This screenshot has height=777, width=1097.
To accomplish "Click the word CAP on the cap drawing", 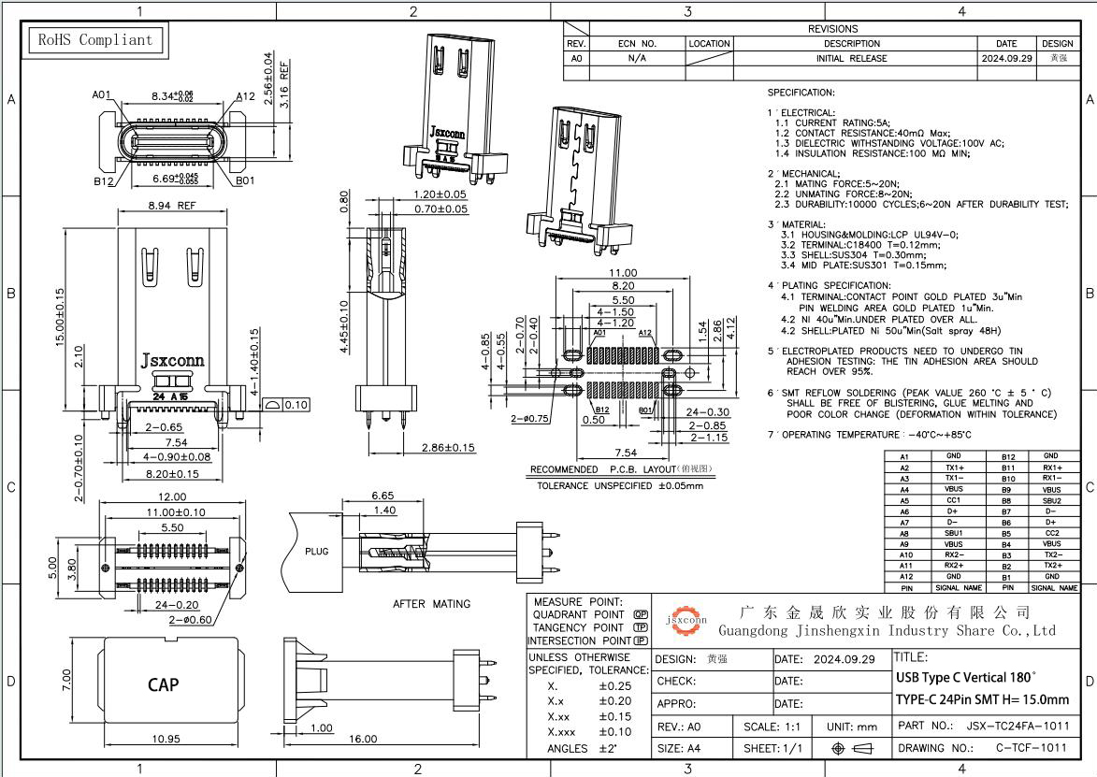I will pos(164,684).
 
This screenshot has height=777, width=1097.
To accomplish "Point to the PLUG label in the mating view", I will pos(317,552).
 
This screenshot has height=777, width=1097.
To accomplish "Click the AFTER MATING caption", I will pos(431,604).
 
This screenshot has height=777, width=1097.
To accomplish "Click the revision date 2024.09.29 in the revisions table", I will pos(1006,58).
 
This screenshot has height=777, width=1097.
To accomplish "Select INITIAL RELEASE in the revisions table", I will pos(851,58).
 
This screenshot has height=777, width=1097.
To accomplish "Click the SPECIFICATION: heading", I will pos(801,94).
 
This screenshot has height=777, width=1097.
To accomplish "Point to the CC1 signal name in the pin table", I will pos(952,501).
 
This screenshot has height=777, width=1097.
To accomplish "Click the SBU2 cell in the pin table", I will pos(1051,501).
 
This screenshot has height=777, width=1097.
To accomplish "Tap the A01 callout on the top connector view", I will pos(102,95).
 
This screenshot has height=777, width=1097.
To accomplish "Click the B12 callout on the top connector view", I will pos(103,182).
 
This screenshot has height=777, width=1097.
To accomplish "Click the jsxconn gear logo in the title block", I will pos(686,619).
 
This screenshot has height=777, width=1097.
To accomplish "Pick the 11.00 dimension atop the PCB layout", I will pos(624,272).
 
